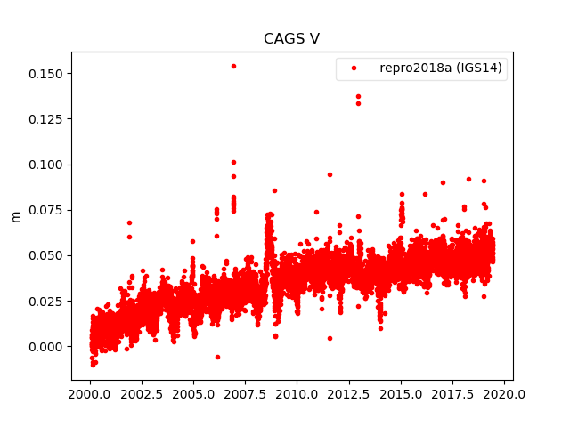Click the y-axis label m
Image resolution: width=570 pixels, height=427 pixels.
(15, 216)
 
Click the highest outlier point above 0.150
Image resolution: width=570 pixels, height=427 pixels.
(233, 66)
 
